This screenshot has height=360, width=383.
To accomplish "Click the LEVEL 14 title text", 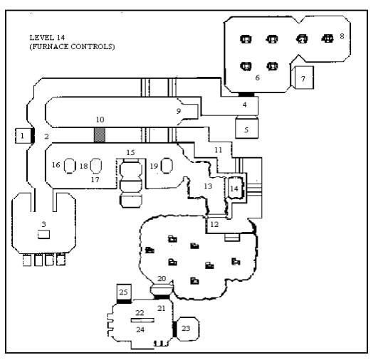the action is [x=47, y=38].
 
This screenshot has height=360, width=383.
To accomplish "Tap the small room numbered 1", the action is [x=23, y=136].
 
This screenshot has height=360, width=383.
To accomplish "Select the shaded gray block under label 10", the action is [x=100, y=135].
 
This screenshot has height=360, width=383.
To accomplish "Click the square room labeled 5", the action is [x=246, y=128].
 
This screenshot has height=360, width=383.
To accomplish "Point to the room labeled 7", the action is [x=303, y=78].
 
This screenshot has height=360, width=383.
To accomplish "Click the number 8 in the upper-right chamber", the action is [x=342, y=36].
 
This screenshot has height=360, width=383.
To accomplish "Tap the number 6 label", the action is [x=257, y=78].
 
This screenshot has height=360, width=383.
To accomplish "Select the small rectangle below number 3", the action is [x=43, y=234].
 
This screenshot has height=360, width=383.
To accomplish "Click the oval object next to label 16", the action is [x=70, y=166].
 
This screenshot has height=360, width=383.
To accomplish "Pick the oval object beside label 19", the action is [x=167, y=166].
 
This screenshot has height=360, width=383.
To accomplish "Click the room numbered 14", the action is [x=236, y=188].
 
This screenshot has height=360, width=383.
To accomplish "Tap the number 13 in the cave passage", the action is [x=208, y=186].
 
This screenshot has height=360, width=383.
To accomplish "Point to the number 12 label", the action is [x=214, y=224].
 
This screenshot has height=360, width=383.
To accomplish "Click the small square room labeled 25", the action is [x=124, y=292].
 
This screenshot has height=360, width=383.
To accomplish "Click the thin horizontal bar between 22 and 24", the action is [x=142, y=320].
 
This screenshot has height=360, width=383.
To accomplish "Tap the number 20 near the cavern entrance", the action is [x=162, y=278].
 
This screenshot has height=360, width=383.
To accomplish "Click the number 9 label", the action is [x=179, y=111].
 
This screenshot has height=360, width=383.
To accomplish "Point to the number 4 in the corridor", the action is [x=244, y=105].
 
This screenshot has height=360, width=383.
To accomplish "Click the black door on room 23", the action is [x=174, y=329].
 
